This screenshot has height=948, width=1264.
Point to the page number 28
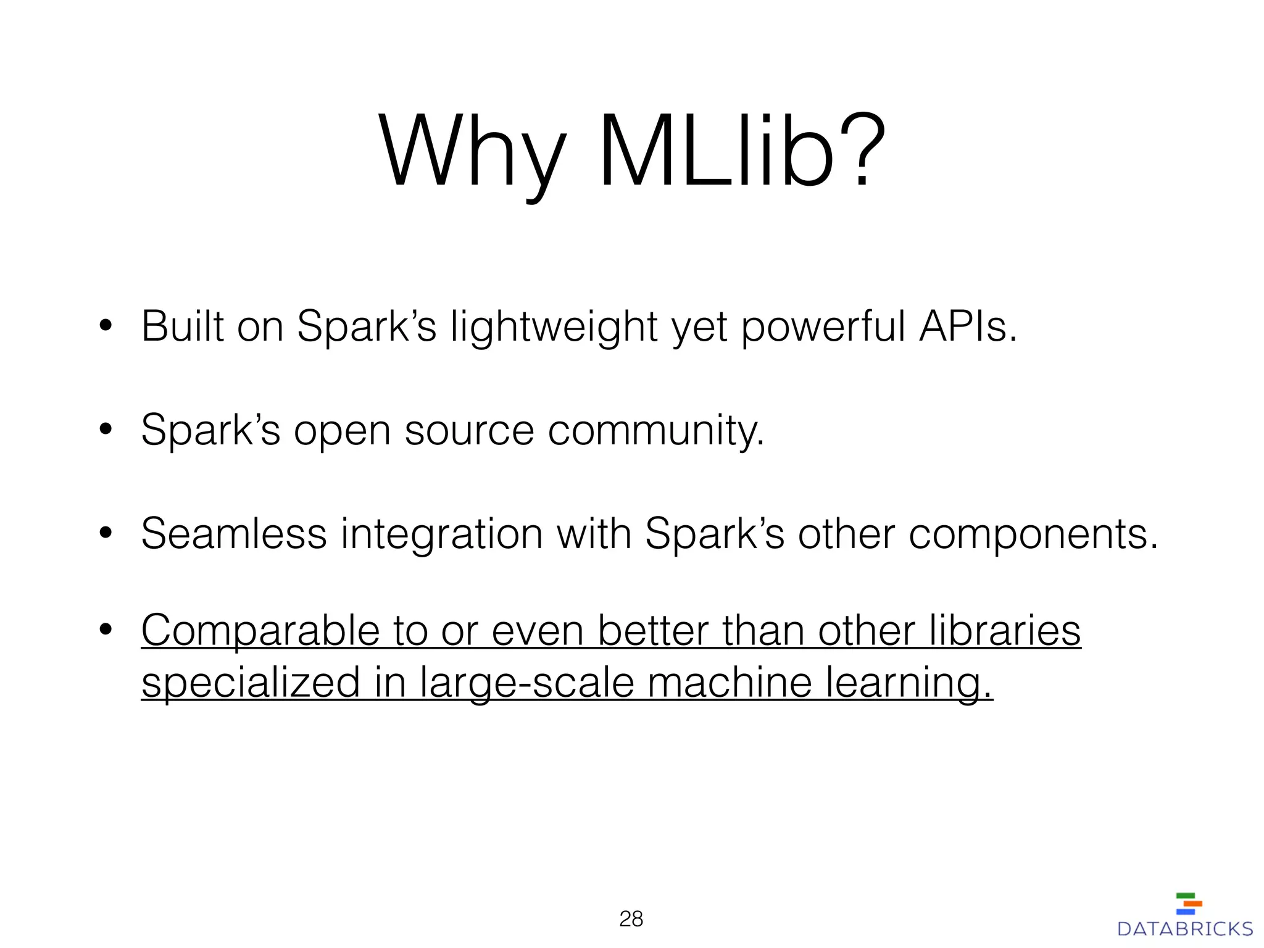(x=631, y=919)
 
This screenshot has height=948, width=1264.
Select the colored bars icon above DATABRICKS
(x=1189, y=904)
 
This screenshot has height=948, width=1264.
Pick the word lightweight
(x=554, y=327)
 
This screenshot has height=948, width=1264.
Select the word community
(x=656, y=431)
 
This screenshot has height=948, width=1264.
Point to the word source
(x=469, y=430)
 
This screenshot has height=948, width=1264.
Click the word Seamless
(x=233, y=533)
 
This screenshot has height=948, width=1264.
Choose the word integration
(x=441, y=534)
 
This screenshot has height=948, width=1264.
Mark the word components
(x=1033, y=534)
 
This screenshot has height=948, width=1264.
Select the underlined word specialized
(x=251, y=683)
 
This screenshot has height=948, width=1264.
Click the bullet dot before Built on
(x=106, y=325)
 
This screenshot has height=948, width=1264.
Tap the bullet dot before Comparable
(x=106, y=630)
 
